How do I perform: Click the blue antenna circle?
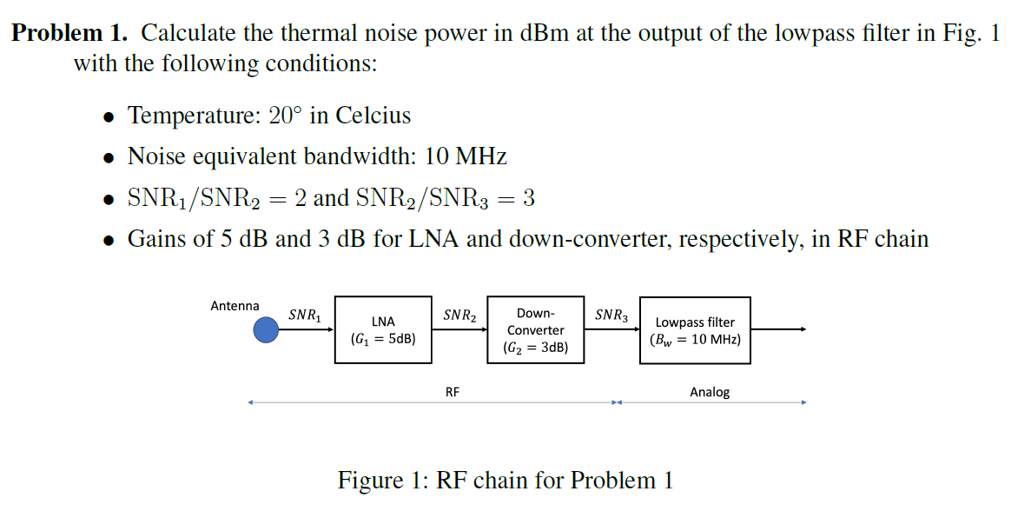tap(267, 330)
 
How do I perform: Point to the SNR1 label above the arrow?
tap(305, 315)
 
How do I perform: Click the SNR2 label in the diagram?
tap(459, 315)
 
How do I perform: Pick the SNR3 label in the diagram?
tap(611, 315)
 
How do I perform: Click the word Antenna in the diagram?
tap(235, 306)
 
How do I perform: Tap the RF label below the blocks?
tap(453, 392)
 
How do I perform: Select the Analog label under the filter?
tap(710, 392)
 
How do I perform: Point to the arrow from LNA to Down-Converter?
tap(459, 330)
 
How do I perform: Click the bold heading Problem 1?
tap(69, 34)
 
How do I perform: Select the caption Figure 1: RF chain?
tap(506, 481)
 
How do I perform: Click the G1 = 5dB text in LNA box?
tap(383, 339)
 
